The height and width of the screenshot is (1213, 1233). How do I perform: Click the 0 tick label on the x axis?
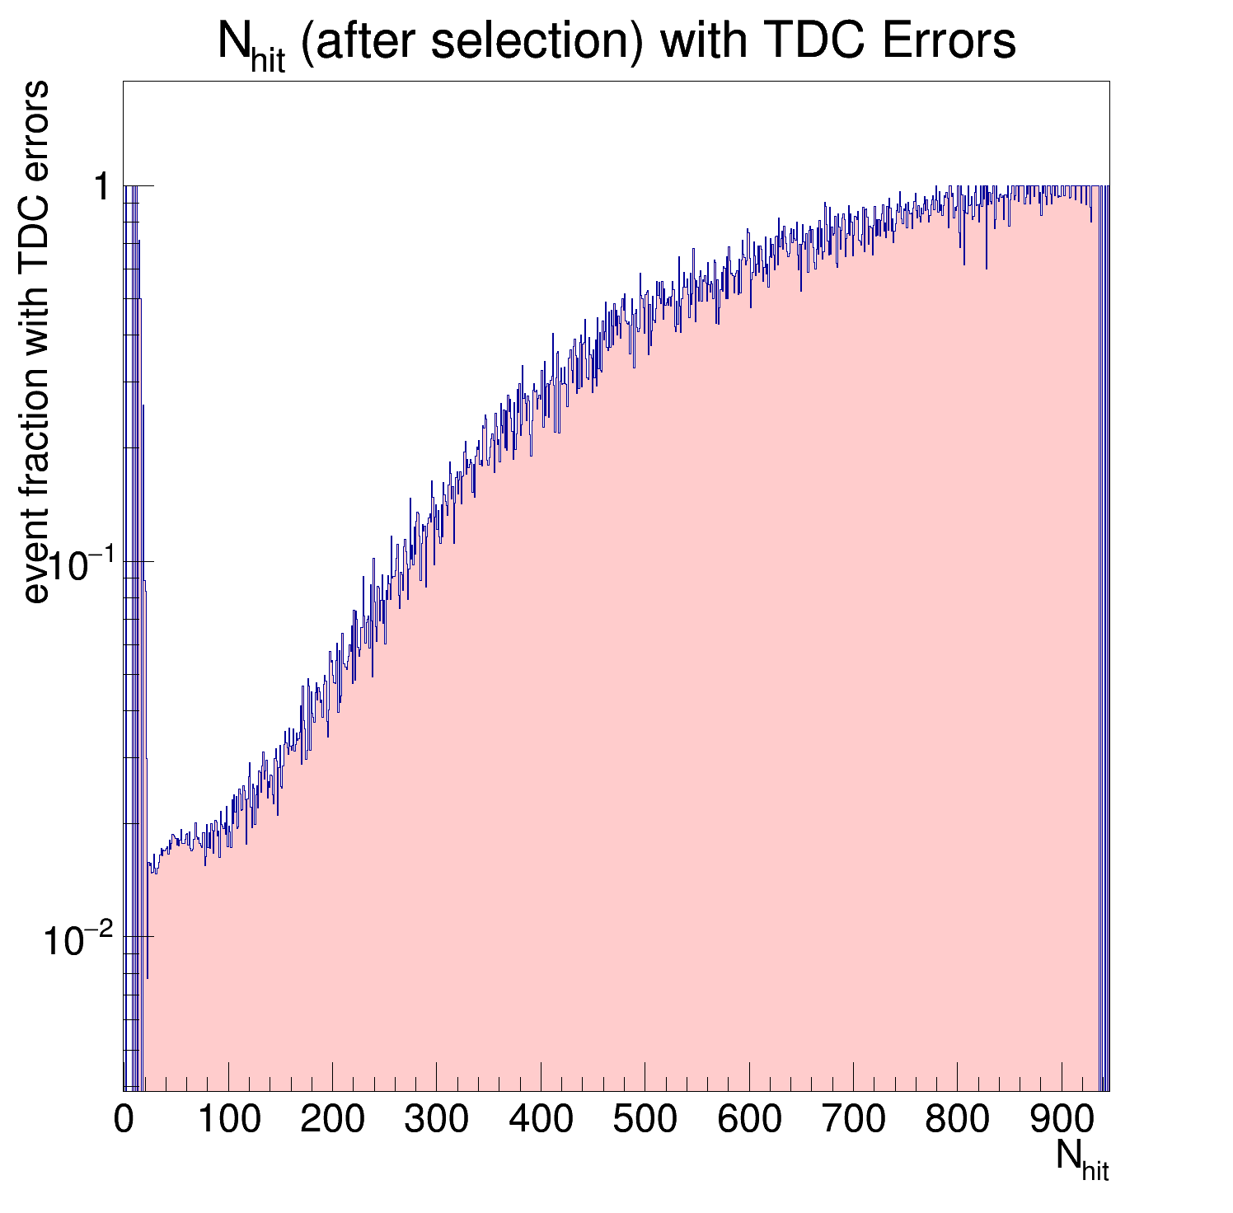pyautogui.click(x=124, y=1120)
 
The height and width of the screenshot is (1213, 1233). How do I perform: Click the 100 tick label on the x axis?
pyautogui.click(x=228, y=1120)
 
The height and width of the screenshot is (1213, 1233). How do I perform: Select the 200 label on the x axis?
pyautogui.click(x=332, y=1120)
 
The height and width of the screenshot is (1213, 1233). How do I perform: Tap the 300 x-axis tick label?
pyautogui.click(x=436, y=1120)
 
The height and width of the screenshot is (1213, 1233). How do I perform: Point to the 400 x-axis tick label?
pyautogui.click(x=541, y=1120)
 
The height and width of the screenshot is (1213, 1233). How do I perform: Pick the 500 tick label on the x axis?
pyautogui.click(x=645, y=1120)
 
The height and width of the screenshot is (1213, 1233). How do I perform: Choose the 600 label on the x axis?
pyautogui.click(x=748, y=1120)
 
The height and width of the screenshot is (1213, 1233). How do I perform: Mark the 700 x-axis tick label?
pyautogui.click(x=853, y=1120)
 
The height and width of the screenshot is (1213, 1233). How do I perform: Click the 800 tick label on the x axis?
pyautogui.click(x=957, y=1120)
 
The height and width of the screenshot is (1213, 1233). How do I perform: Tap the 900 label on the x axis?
pyautogui.click(x=1061, y=1120)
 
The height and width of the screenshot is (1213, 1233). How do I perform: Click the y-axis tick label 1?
pyautogui.click(x=101, y=188)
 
